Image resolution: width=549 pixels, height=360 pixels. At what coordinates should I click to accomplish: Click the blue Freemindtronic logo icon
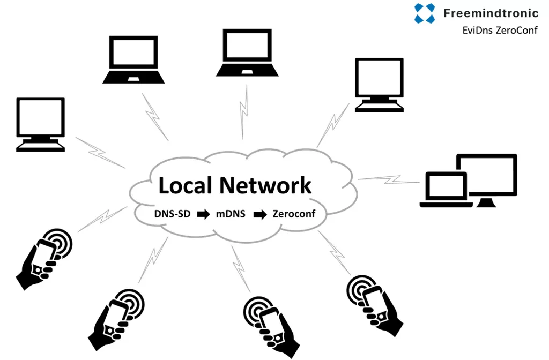tap(425, 13)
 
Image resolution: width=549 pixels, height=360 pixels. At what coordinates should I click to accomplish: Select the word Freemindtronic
tap(491, 13)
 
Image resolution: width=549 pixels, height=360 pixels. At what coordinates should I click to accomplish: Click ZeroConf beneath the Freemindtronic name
tap(516, 31)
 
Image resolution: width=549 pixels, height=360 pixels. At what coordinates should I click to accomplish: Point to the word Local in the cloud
tap(186, 185)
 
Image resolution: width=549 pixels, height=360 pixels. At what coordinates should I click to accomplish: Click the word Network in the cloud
tap(265, 185)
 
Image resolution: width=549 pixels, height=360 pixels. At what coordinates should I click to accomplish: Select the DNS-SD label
tap(172, 214)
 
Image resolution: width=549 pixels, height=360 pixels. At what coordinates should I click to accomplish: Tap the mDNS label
tap(231, 214)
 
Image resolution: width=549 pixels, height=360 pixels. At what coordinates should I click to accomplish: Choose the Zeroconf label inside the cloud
tap(294, 214)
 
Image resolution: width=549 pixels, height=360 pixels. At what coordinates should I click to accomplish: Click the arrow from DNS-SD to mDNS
tap(203, 214)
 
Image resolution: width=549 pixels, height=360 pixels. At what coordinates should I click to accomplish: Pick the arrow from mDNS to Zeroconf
tap(260, 214)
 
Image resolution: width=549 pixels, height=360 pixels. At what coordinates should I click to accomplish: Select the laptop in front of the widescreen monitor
tap(447, 190)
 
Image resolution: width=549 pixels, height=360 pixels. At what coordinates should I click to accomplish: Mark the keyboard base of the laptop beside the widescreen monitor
tap(447, 203)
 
